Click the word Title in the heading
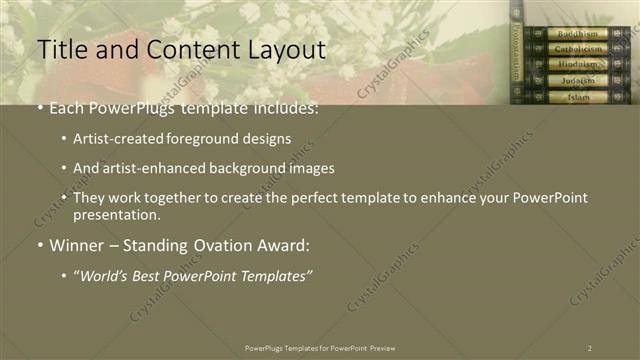pyautogui.click(x=60, y=49)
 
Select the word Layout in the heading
pyautogui.click(x=280, y=49)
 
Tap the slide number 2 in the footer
pyautogui.click(x=590, y=347)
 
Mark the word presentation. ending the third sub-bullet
pyautogui.click(x=116, y=214)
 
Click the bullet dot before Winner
pyautogui.click(x=39, y=245)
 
